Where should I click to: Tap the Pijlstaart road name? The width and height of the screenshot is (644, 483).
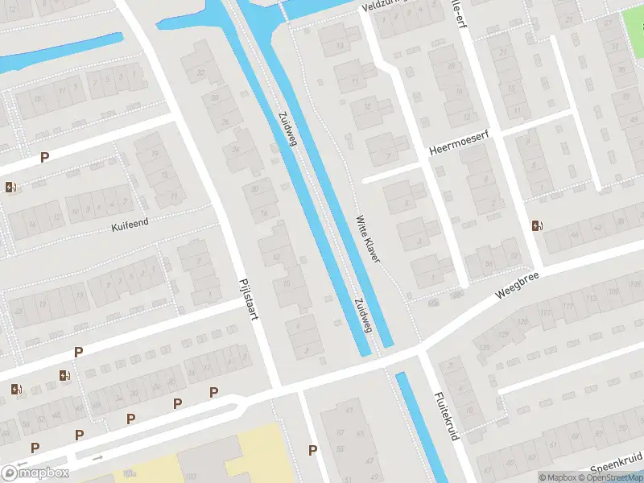pyautogui.click(x=247, y=300)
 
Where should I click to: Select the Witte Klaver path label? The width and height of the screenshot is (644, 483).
pyautogui.click(x=368, y=238)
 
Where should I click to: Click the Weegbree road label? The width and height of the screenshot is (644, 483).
pyautogui.click(x=516, y=285)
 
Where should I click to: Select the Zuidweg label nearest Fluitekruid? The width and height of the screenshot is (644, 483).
pyautogui.click(x=361, y=314)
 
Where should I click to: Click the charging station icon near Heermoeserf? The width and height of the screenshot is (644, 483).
pyautogui.click(x=536, y=225)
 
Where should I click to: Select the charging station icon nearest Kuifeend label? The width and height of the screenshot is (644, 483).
pyautogui.click(x=10, y=188)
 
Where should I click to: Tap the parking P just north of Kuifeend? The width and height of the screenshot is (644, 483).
pyautogui.click(x=45, y=158)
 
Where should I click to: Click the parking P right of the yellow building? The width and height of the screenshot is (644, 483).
pyautogui.click(x=312, y=450)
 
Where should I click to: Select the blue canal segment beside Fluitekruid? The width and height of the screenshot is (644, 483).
pyautogui.click(x=421, y=427)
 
